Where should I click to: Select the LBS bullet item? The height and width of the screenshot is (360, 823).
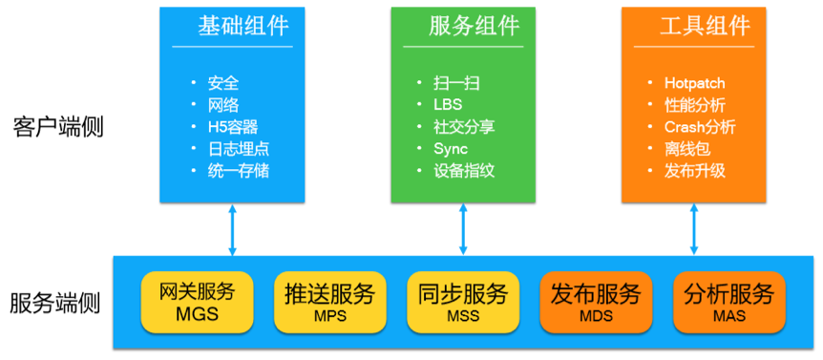click(448, 104)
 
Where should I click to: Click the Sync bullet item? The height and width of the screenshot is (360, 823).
click(451, 149)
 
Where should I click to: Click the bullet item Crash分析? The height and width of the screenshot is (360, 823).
click(700, 127)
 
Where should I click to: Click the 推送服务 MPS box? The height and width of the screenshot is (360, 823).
click(329, 301)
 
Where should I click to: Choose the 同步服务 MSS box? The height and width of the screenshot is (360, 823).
click(463, 301)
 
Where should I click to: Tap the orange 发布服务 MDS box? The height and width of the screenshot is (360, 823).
click(596, 301)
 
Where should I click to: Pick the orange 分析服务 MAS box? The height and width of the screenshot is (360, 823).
click(728, 301)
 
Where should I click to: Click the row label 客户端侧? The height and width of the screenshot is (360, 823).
click(58, 127)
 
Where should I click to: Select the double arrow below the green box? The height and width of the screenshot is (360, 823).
click(464, 229)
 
